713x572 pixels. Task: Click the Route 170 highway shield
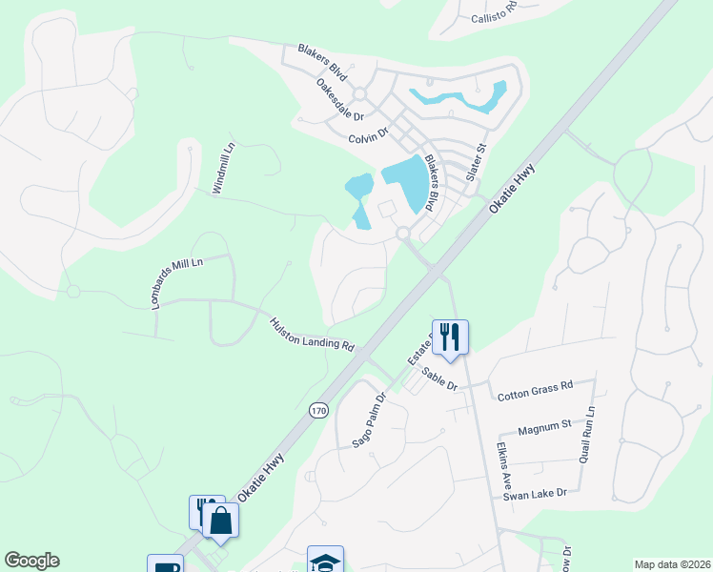[x=318, y=410]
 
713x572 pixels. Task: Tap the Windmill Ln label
[x=222, y=170]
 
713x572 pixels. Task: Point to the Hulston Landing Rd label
[x=312, y=335]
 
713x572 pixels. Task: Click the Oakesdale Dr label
[x=340, y=99]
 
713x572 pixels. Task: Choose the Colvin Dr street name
[x=369, y=138]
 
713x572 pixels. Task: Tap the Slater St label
[x=476, y=163]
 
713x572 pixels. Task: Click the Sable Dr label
[x=440, y=378]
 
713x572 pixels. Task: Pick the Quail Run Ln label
[x=586, y=435]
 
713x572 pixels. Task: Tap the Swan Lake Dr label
[x=535, y=493]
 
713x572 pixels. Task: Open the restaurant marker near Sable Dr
[x=450, y=336]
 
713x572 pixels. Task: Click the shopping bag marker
[x=220, y=521]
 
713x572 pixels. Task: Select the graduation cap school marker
[x=324, y=561]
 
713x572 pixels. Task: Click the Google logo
[x=31, y=561]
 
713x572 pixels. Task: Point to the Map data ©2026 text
[x=671, y=564]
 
